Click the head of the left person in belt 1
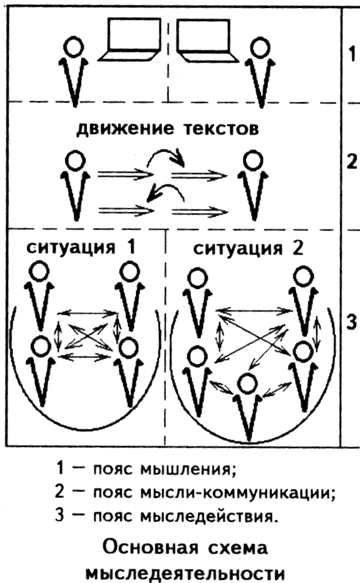click(73, 46)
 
